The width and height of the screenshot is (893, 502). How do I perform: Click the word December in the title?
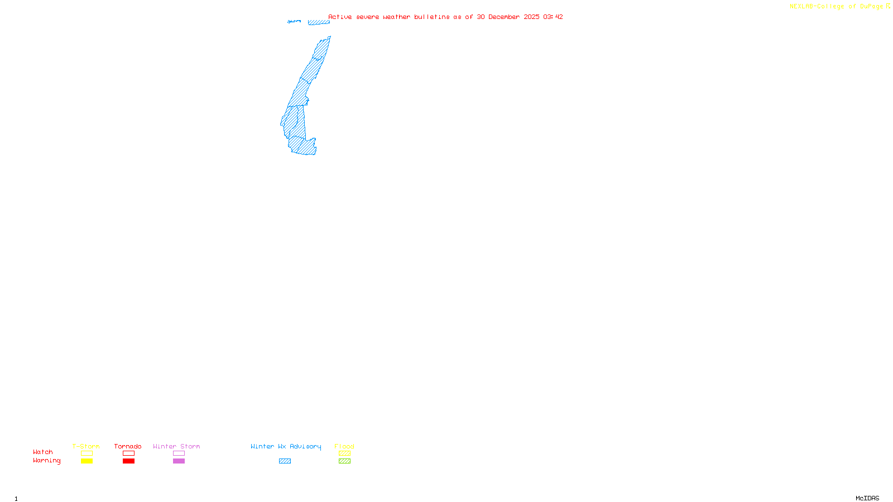(504, 17)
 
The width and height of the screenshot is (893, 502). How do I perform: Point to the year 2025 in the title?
(531, 17)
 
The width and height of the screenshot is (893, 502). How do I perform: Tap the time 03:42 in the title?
(553, 17)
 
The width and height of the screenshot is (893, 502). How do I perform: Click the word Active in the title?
(340, 17)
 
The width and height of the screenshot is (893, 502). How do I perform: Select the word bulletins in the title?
(431, 17)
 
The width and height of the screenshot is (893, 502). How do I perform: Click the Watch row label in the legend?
(43, 452)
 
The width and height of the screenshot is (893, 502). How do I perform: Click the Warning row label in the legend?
(46, 461)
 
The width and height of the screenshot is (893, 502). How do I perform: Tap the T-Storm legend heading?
(86, 446)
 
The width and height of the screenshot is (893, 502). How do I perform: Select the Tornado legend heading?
(128, 446)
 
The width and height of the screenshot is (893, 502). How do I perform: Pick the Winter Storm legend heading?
(176, 446)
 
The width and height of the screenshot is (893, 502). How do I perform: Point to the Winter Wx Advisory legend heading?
(286, 446)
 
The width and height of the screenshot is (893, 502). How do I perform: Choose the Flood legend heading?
(344, 446)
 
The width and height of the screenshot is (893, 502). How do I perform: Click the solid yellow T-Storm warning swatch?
(87, 461)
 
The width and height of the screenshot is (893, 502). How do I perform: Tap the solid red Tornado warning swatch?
(128, 461)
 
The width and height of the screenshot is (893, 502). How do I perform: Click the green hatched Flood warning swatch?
(344, 461)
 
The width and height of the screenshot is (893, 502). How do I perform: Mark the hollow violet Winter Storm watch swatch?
(179, 453)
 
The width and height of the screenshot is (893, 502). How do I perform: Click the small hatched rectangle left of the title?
(319, 22)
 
